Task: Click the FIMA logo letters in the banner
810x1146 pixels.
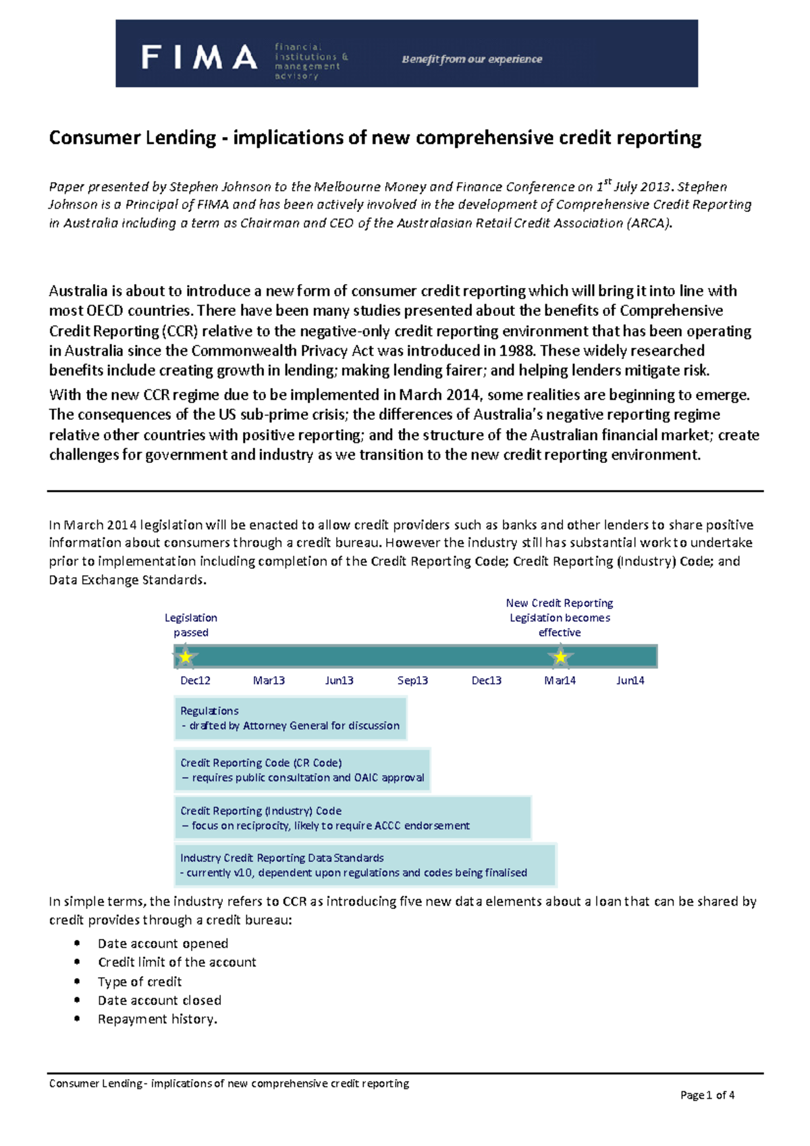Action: (x=199, y=57)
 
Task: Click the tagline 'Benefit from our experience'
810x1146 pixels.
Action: (x=472, y=59)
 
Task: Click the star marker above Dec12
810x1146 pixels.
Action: (x=185, y=656)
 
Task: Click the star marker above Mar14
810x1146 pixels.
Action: (x=560, y=656)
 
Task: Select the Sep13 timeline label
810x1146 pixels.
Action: (x=412, y=680)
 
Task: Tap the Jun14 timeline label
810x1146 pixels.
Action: (x=630, y=680)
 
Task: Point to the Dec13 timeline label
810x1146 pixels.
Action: (x=486, y=680)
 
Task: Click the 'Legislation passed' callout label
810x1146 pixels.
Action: (x=191, y=625)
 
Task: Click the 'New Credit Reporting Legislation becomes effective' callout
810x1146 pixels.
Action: (x=560, y=618)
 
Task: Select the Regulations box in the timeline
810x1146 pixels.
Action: (x=290, y=718)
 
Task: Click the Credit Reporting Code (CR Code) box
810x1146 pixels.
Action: (x=302, y=770)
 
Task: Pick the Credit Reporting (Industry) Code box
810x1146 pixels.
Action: (x=352, y=818)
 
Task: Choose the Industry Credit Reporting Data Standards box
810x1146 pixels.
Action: (x=364, y=865)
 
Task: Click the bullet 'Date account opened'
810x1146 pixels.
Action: (x=163, y=944)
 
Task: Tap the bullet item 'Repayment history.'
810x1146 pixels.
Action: (x=157, y=1019)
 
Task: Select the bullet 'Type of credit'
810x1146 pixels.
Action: (x=140, y=981)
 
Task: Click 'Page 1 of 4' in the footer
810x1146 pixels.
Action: (x=707, y=1095)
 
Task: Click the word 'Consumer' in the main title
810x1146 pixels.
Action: (x=90, y=138)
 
